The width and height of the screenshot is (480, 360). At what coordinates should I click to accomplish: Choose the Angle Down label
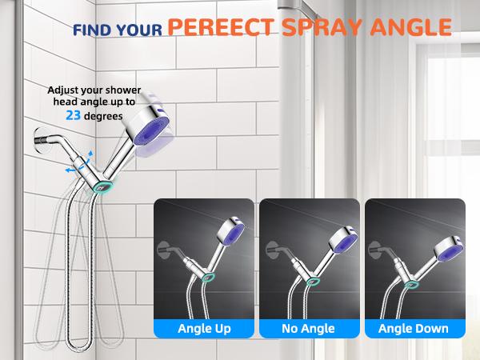point(414,328)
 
